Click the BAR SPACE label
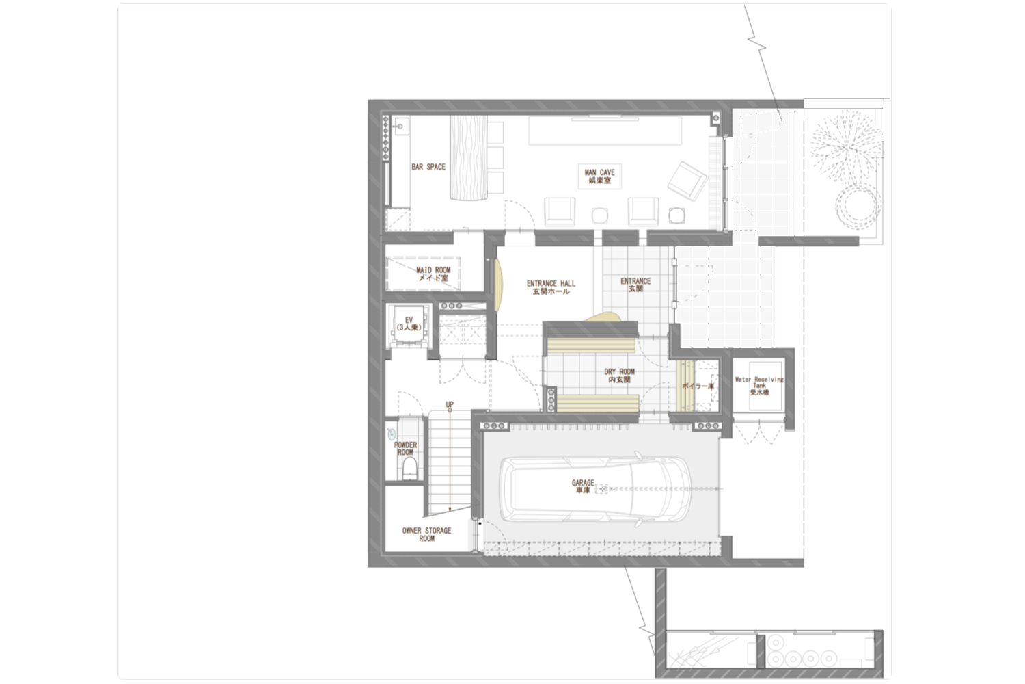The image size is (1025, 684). [428, 167]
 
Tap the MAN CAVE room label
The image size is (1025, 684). [599, 176]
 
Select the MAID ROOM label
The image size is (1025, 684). [433, 274]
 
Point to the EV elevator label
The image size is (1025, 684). [409, 324]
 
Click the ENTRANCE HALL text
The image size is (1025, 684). [551, 288]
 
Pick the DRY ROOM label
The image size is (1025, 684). [620, 376]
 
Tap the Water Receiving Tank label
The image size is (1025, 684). [759, 386]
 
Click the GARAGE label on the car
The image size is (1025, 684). [582, 486]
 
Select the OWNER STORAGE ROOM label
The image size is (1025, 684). [426, 534]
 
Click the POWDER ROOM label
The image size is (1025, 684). [405, 449]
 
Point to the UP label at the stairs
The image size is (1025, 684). [450, 404]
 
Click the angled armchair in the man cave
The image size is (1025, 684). [687, 181]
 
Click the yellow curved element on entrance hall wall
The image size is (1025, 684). [500, 285]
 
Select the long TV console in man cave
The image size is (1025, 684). [605, 131]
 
